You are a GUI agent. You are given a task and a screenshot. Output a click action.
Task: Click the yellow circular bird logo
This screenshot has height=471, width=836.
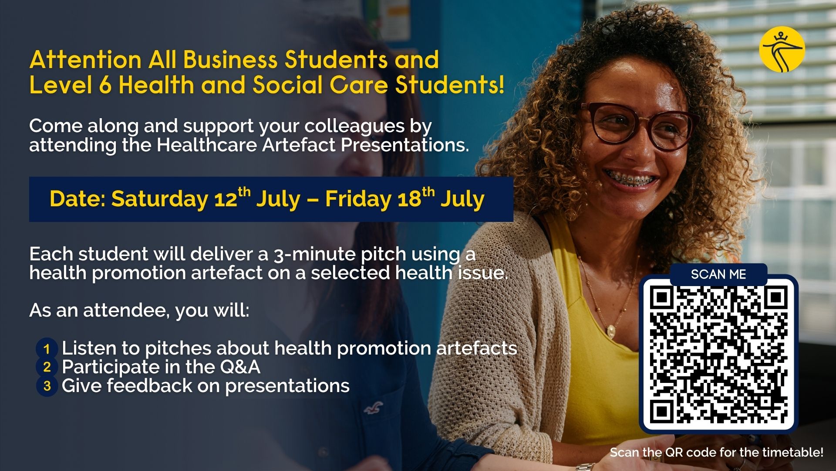(x=782, y=49)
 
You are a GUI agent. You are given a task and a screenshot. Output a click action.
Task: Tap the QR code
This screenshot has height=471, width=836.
(x=718, y=354)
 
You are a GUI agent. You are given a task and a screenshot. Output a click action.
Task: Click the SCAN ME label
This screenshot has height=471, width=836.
(x=718, y=274)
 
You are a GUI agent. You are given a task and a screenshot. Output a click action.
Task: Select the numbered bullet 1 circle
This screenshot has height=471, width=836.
(x=47, y=349)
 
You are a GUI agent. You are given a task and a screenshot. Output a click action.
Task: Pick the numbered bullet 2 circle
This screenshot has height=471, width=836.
(x=47, y=367)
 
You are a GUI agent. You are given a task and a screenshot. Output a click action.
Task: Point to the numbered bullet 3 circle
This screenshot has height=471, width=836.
(x=47, y=386)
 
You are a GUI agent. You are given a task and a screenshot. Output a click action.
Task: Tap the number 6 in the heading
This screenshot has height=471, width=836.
(x=105, y=85)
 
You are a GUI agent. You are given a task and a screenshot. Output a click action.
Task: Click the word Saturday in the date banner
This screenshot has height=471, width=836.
(x=160, y=199)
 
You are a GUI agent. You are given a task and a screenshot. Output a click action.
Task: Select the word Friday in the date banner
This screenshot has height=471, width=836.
(x=358, y=199)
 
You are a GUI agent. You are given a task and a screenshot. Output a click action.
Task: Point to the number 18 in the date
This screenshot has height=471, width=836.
(x=409, y=199)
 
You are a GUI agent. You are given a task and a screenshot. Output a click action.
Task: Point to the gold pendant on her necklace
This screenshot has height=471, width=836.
(x=612, y=330)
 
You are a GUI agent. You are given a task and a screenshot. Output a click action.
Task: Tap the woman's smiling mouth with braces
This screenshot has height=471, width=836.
(x=626, y=179)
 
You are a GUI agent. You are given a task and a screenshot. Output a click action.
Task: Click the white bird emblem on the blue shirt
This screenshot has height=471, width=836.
(x=373, y=408)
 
